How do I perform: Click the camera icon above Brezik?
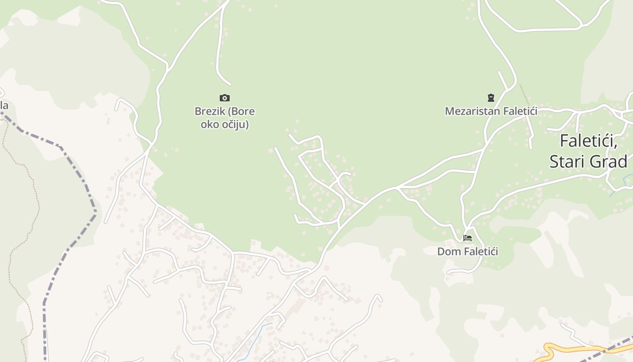225,98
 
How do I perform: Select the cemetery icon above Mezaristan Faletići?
491,97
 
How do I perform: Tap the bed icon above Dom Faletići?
468,238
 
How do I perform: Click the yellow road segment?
570,350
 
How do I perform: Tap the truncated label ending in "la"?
4,106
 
